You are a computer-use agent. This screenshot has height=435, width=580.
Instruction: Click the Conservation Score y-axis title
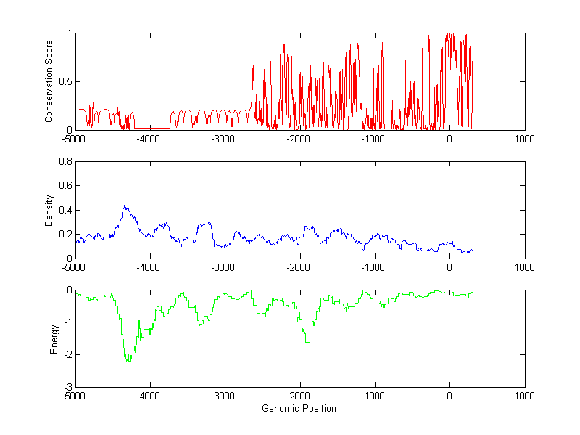[x=49, y=81]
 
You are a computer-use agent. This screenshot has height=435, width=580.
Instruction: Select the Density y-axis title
[x=49, y=210]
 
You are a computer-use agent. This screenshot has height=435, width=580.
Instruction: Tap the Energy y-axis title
[x=54, y=338]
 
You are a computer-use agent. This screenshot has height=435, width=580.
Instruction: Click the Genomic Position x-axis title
[x=299, y=409]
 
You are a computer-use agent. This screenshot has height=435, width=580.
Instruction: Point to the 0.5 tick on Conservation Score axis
[x=65, y=81]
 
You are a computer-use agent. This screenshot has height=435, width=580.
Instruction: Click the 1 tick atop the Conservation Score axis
[x=69, y=33]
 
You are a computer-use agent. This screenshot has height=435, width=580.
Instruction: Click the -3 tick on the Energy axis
[x=67, y=387]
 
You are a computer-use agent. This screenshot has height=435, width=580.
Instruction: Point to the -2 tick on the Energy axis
[x=67, y=354]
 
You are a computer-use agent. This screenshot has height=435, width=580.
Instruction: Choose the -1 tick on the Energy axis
[x=67, y=322]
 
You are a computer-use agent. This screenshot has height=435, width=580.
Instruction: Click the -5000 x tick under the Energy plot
[x=73, y=397]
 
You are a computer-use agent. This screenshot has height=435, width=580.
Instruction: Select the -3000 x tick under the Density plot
[x=224, y=267]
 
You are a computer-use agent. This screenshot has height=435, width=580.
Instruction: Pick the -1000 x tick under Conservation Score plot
[x=374, y=139]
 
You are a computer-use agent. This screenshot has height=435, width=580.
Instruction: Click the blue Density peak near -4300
[x=125, y=206]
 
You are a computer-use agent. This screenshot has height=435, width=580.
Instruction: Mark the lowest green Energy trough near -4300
[x=128, y=360]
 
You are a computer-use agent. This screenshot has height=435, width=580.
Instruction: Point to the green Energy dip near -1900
[x=308, y=341]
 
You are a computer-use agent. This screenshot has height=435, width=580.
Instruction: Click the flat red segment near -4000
[x=149, y=128]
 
